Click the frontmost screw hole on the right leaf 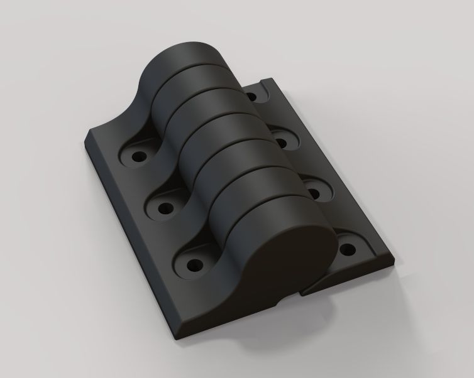tap(345, 251)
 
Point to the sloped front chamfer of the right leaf tap(352, 276)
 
